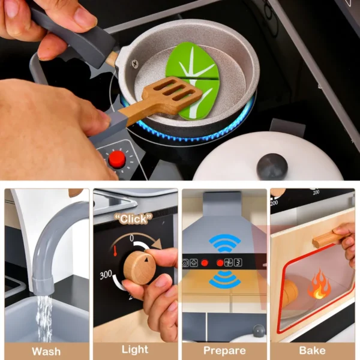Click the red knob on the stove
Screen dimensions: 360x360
coord(117,159)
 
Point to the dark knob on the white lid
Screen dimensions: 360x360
coord(272,166)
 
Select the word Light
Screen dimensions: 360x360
coord(135,349)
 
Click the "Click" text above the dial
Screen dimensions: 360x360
coord(133,218)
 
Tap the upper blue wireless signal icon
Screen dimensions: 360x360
coord(224,242)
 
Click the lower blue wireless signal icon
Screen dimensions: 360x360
coord(224,279)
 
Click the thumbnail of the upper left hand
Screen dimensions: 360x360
coord(86,17)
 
